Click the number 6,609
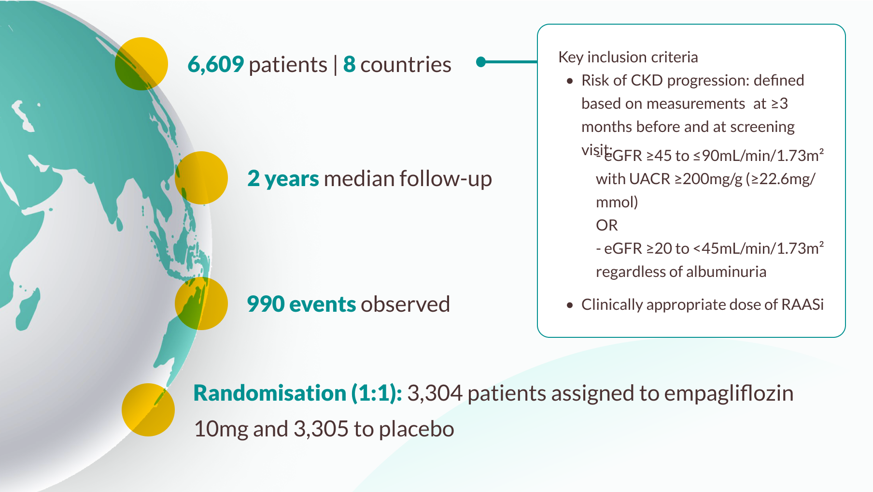tap(215, 64)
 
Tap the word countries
tap(406, 64)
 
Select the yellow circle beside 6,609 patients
tap(141, 64)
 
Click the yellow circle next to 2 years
tap(201, 178)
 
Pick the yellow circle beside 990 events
tap(201, 304)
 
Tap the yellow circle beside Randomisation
tap(148, 410)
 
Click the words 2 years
tap(283, 178)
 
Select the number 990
tap(266, 304)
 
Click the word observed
tap(405, 304)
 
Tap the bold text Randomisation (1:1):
tap(297, 393)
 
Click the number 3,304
tap(435, 393)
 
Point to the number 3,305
tap(321, 429)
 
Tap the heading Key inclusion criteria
tap(628, 57)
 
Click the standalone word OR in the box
tap(606, 225)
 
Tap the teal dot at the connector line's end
tap(481, 62)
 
